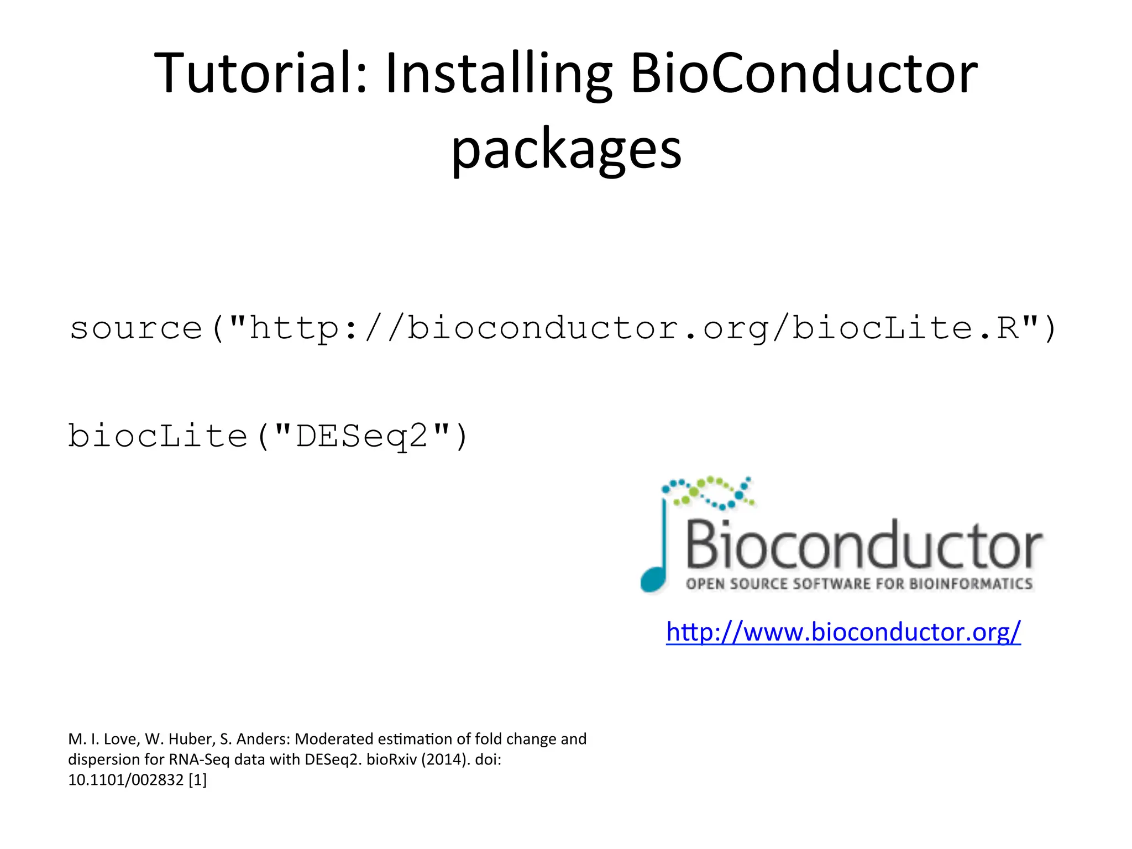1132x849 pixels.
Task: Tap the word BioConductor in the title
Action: click(x=804, y=74)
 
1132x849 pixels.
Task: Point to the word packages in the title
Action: click(x=567, y=150)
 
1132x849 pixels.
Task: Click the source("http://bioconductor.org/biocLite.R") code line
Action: click(x=563, y=328)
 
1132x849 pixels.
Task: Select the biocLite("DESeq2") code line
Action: click(x=269, y=436)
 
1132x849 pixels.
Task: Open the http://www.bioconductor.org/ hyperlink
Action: click(x=843, y=632)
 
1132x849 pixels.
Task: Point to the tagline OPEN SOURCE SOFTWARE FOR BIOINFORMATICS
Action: click(x=859, y=584)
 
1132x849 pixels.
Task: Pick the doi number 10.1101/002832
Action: click(x=125, y=780)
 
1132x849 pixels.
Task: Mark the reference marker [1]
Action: click(x=197, y=780)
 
